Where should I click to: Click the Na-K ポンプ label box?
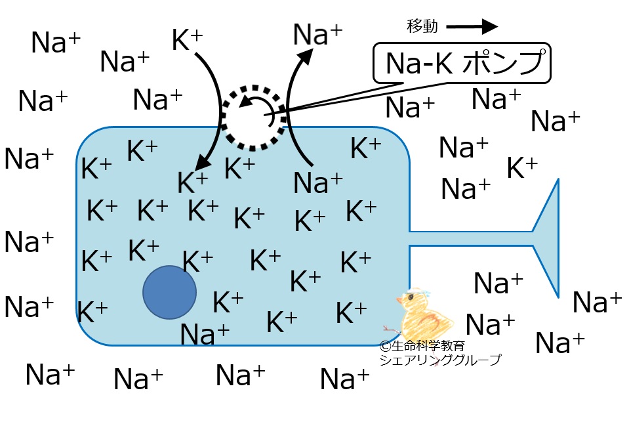coord(462,64)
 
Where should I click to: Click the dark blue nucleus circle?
coord(170,292)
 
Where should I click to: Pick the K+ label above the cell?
coord(187,39)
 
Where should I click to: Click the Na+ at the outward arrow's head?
coord(317,34)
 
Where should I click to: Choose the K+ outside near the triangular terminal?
coord(522,168)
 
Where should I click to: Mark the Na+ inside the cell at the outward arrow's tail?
coord(317,182)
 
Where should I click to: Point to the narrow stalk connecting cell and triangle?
coord(471,238)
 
